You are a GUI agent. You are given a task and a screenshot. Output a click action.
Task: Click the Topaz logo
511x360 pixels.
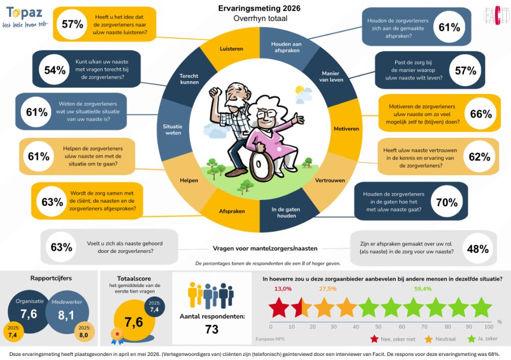[x=25, y=17]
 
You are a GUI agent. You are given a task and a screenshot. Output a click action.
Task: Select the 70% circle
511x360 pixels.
[x=447, y=202]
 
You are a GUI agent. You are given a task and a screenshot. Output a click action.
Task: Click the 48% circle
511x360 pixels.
[x=478, y=249]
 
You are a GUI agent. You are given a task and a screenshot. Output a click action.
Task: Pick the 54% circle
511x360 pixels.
[x=55, y=69]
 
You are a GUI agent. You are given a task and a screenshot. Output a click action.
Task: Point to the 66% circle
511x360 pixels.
[x=481, y=113]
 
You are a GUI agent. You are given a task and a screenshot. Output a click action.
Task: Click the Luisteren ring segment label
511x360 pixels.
[x=231, y=49]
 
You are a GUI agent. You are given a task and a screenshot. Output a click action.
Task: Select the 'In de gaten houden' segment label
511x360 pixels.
[x=286, y=212]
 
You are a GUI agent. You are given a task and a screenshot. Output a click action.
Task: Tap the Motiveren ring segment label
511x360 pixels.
[x=346, y=129]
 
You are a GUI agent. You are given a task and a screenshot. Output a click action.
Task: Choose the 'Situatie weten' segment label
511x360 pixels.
[x=173, y=129]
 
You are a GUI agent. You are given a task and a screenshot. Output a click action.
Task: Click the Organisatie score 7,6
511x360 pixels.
[x=29, y=314]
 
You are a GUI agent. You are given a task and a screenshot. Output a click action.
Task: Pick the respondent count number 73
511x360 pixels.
[x=212, y=329]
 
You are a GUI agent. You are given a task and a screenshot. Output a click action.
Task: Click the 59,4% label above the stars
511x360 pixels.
[x=423, y=289]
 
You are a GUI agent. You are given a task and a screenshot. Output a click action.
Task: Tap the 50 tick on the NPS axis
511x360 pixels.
[x=378, y=326]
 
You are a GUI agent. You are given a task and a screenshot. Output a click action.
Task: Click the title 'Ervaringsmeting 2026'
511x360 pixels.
[x=260, y=8]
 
